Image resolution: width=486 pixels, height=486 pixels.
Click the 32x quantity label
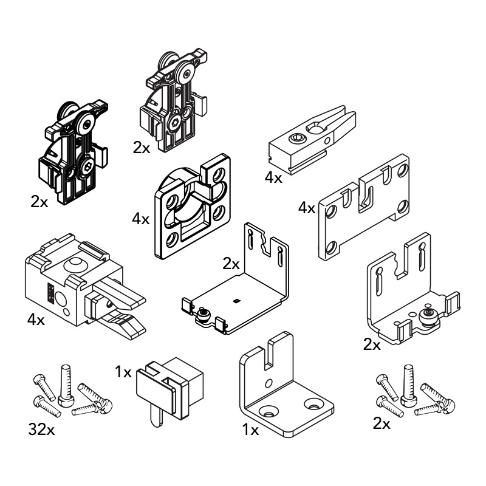click(x=41, y=430)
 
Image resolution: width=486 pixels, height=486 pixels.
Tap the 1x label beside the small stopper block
click(x=123, y=372)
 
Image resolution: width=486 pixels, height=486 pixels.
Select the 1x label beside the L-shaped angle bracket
click(x=250, y=430)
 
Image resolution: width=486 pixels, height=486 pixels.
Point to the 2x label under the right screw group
click(x=382, y=423)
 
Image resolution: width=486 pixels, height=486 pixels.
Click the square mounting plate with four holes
click(x=193, y=206)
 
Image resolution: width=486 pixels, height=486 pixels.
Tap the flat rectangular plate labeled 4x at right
click(x=364, y=206)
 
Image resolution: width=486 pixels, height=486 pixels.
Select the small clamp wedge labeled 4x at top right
click(x=312, y=140)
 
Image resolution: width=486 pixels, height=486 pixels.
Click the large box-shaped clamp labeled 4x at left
click(x=85, y=287)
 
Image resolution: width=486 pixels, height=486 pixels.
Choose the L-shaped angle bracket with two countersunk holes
click(x=286, y=385)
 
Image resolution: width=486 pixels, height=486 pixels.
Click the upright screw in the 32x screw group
click(x=66, y=385)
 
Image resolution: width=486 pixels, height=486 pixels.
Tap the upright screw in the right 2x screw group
click(x=408, y=385)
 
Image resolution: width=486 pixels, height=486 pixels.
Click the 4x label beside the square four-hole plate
click(x=141, y=219)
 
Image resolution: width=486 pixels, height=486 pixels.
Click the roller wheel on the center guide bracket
click(x=204, y=313)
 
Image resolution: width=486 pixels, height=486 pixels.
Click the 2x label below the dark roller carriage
click(x=39, y=202)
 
